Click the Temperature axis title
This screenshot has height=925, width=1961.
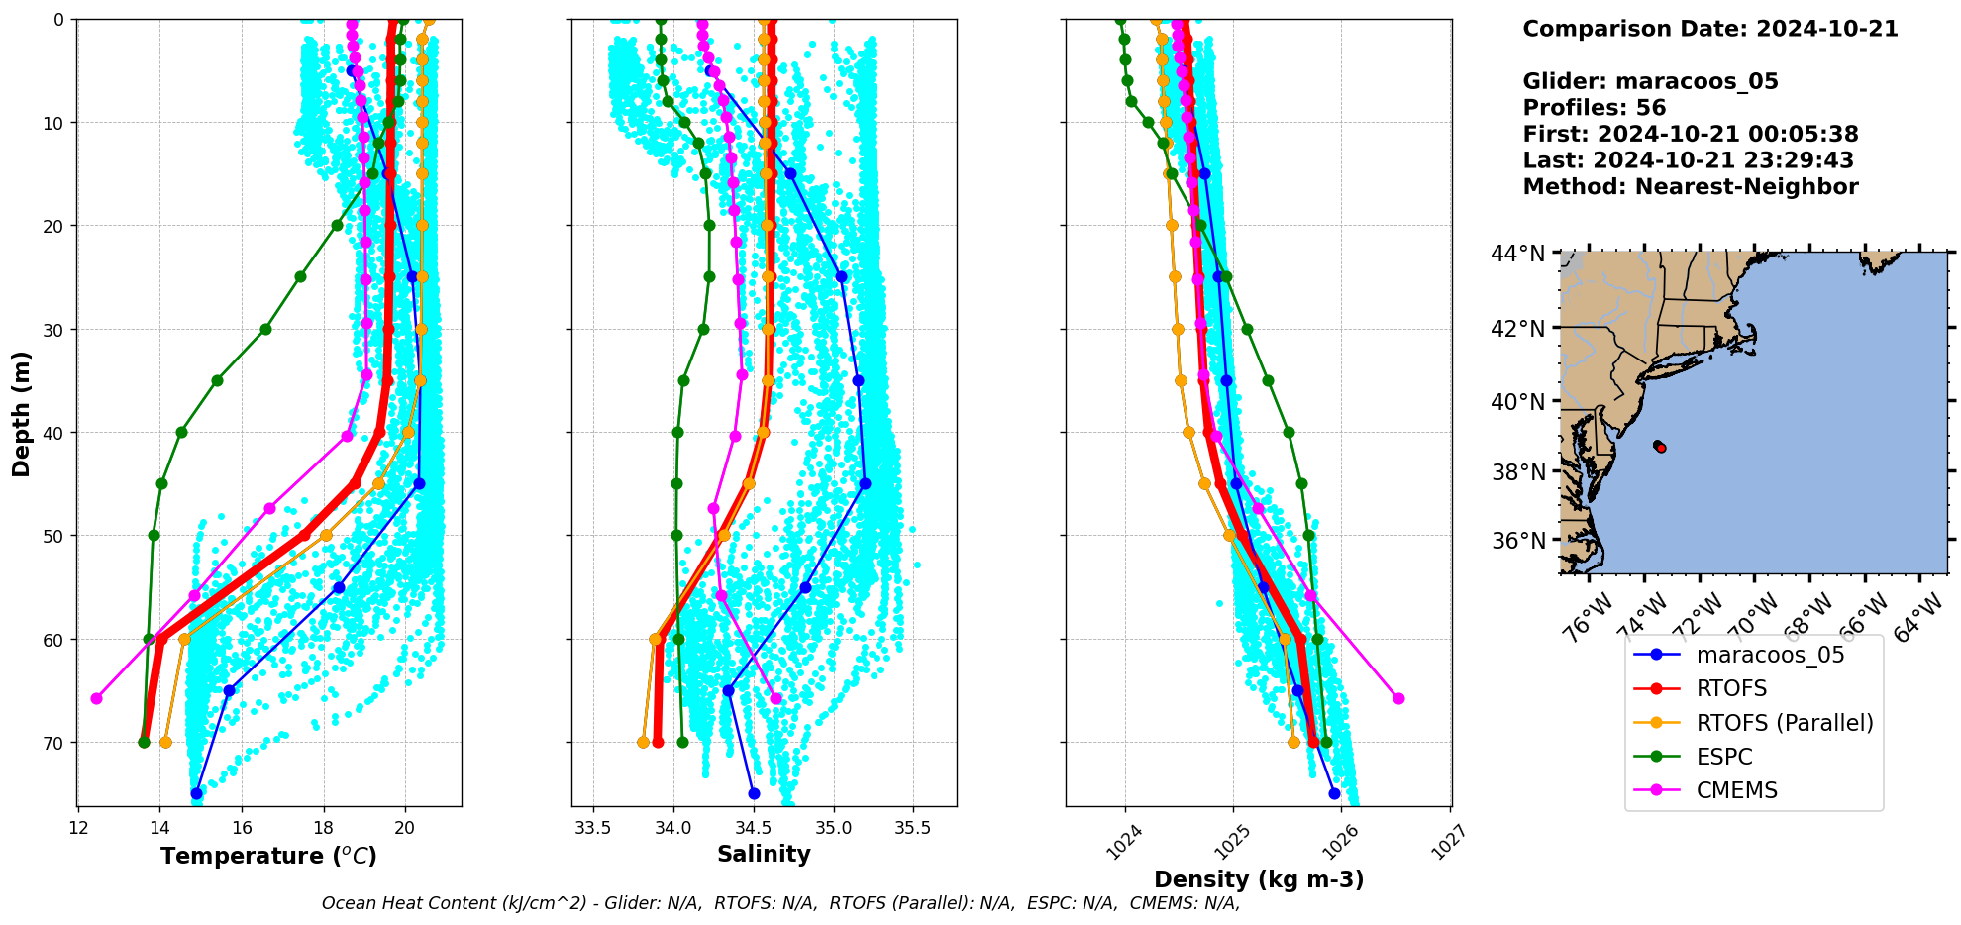(x=268, y=856)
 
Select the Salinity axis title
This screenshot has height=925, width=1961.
(x=764, y=854)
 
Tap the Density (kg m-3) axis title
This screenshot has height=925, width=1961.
(x=1259, y=879)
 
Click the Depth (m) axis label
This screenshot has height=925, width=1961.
(x=21, y=413)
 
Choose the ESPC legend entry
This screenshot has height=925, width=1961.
(x=1724, y=757)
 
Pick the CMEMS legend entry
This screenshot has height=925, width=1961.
(x=1736, y=790)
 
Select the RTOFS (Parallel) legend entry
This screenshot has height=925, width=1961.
(x=1785, y=723)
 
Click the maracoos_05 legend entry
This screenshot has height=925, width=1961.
(x=1770, y=655)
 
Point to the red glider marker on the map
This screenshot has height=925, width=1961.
(x=1660, y=448)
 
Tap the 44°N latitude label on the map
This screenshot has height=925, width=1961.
(x=1517, y=255)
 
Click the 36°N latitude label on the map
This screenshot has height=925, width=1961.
(x=1517, y=541)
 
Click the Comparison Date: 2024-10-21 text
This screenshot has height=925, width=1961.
(x=1709, y=29)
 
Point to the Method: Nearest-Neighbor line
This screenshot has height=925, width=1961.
(x=1690, y=186)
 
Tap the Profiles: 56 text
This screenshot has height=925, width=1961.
(x=1594, y=108)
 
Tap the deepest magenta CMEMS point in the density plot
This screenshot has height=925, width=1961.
(x=1398, y=698)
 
